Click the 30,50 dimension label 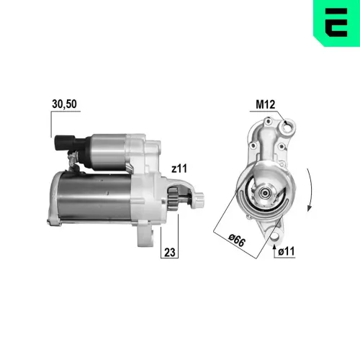click(x=64, y=104)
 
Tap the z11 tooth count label click(x=179, y=168)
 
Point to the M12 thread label click(x=266, y=104)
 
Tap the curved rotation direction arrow click(x=310, y=189)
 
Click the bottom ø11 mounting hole click(x=275, y=231)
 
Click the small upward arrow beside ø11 click(x=276, y=251)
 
